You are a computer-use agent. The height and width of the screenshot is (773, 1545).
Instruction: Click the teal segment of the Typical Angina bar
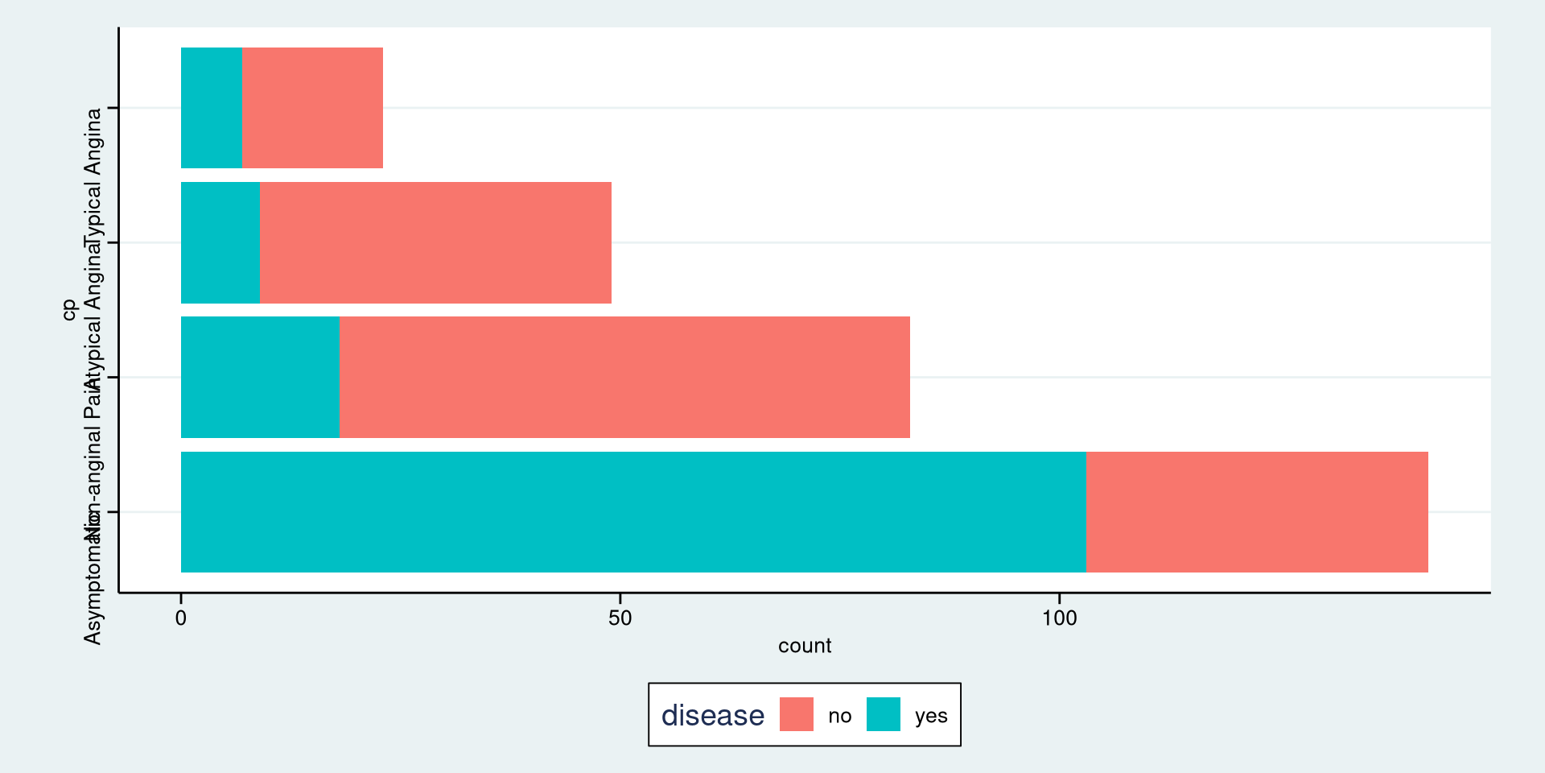click(x=212, y=108)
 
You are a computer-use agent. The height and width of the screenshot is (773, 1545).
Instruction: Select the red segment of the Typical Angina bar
click(x=312, y=108)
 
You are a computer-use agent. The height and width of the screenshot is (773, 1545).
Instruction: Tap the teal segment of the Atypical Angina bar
click(x=220, y=242)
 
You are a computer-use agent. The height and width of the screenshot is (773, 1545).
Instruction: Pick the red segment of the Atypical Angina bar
click(x=435, y=242)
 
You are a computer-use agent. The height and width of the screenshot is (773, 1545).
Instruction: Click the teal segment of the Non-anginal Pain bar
click(x=260, y=377)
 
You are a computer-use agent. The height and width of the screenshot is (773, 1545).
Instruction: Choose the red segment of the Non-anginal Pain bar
click(x=624, y=377)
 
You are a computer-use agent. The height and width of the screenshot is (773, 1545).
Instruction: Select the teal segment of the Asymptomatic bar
click(x=633, y=512)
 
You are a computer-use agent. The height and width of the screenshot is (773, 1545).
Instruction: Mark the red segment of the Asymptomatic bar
click(x=1257, y=512)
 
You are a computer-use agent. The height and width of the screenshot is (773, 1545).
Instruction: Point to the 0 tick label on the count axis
click(x=181, y=618)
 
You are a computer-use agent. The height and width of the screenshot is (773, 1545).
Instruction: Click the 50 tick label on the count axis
click(x=620, y=618)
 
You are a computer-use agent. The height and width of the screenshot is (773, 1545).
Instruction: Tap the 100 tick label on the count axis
click(x=1059, y=618)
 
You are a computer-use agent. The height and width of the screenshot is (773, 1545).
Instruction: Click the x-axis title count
click(x=805, y=646)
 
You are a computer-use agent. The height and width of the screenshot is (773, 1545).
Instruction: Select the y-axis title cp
click(x=69, y=309)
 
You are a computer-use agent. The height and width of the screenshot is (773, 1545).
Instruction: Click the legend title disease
click(x=712, y=715)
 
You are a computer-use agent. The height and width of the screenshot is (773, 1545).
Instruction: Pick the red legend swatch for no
click(x=797, y=714)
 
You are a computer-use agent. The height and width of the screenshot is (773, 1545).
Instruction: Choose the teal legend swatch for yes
click(x=884, y=714)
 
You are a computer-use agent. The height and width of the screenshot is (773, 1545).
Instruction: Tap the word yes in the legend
click(x=931, y=716)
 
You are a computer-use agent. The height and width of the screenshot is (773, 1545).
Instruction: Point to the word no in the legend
click(x=839, y=716)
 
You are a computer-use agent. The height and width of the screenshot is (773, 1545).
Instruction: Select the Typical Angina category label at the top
click(x=93, y=173)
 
